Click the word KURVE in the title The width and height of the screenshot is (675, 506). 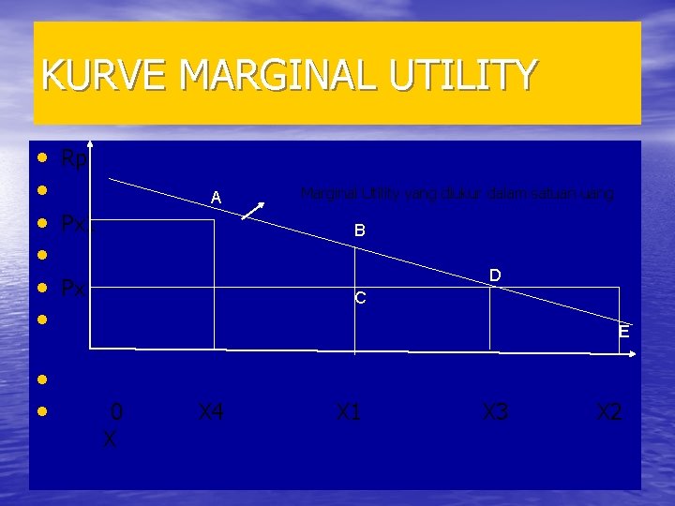pos(90,75)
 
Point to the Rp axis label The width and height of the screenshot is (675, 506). pos(74,159)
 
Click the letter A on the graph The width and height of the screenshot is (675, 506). pos(216,198)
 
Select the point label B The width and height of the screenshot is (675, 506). pos(359,230)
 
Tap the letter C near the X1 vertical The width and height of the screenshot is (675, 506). pos(360,300)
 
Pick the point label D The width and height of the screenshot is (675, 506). pos(495,275)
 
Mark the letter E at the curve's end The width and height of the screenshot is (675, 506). pos(623,332)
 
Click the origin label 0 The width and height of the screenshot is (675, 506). pos(116,411)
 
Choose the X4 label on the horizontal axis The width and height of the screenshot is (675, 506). pos(210,411)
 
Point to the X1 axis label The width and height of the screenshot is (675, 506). pos(348,411)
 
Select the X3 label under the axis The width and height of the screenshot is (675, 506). pos(495,411)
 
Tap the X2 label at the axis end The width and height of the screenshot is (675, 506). pos(609,411)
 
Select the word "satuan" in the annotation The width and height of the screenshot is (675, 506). pos(549,194)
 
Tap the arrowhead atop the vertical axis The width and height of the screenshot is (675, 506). pos(91,143)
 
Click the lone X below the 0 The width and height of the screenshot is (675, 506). pos(110,439)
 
